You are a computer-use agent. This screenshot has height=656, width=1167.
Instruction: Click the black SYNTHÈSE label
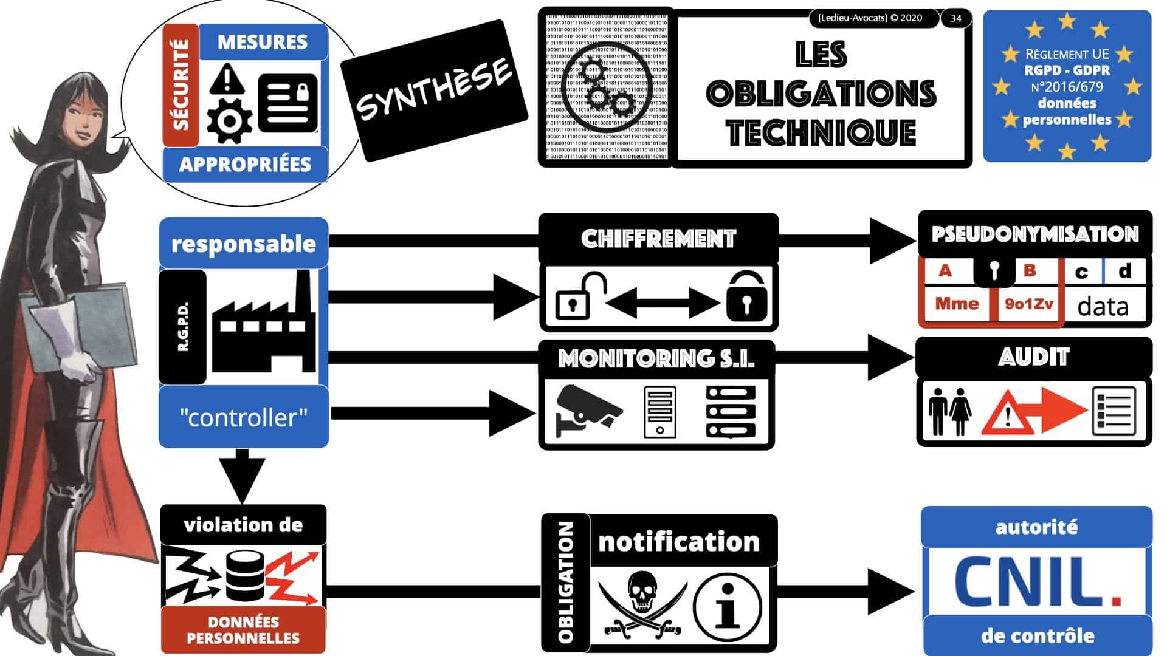point(433,91)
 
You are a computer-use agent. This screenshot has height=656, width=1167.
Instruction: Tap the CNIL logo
point(1037,582)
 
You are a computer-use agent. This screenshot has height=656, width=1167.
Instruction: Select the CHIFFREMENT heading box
point(658,239)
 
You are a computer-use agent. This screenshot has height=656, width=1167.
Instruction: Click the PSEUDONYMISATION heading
point(1034,234)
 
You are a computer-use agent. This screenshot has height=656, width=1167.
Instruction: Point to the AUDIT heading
point(1033,357)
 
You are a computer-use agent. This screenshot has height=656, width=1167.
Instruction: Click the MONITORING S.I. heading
point(656,358)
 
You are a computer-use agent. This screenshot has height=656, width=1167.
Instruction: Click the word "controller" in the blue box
point(244,418)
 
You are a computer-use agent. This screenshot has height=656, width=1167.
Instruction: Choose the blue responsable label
point(244,244)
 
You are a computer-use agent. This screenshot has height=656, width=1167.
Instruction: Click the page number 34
point(955,18)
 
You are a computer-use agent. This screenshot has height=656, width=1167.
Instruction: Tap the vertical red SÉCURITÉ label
point(181,85)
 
